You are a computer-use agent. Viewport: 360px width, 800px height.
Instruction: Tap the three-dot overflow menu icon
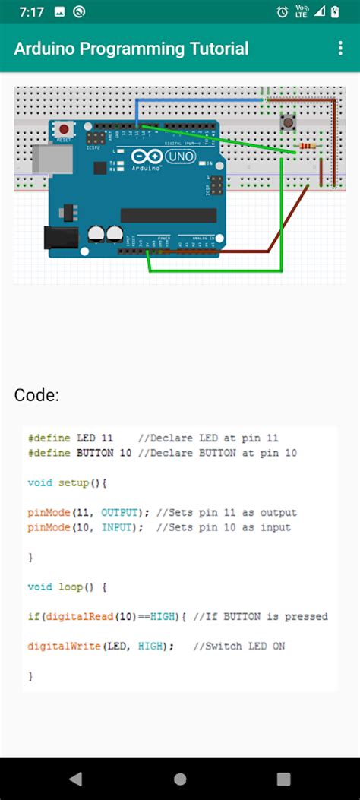(340, 49)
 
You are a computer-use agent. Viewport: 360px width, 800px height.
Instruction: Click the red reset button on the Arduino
(65, 129)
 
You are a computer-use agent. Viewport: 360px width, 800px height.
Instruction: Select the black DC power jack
(61, 239)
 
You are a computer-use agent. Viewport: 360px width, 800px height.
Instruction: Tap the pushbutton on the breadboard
(289, 122)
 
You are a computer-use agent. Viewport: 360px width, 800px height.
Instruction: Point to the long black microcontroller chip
(168, 215)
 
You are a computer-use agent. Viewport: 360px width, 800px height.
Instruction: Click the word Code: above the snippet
(36, 395)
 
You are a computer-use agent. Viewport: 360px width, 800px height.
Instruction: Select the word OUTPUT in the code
(118, 512)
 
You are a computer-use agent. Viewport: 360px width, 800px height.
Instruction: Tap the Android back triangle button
(75, 779)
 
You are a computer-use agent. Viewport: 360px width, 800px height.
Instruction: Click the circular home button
(180, 779)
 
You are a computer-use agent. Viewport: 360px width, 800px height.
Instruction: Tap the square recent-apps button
(283, 779)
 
